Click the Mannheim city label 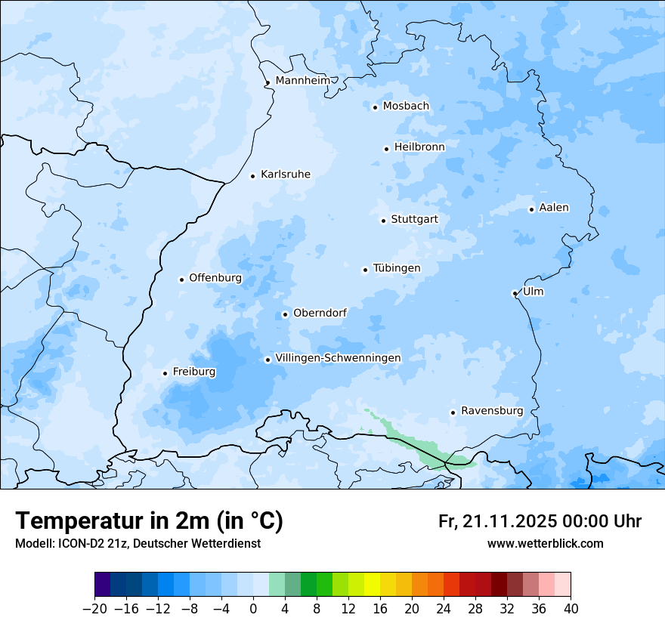click(302, 81)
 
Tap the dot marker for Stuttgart click(383, 221)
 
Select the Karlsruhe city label click(285, 175)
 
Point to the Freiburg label click(193, 372)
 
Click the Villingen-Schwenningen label click(338, 358)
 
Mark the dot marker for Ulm click(515, 293)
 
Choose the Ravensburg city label click(491, 411)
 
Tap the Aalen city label click(554, 208)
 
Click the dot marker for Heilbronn click(386, 149)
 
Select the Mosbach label click(406, 107)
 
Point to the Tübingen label click(396, 268)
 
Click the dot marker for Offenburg click(181, 280)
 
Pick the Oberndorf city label click(320, 313)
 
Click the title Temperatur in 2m click(149, 521)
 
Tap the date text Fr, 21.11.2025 click(497, 521)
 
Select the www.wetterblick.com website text click(545, 544)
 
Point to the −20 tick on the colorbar click(94, 609)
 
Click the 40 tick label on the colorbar click(571, 609)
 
